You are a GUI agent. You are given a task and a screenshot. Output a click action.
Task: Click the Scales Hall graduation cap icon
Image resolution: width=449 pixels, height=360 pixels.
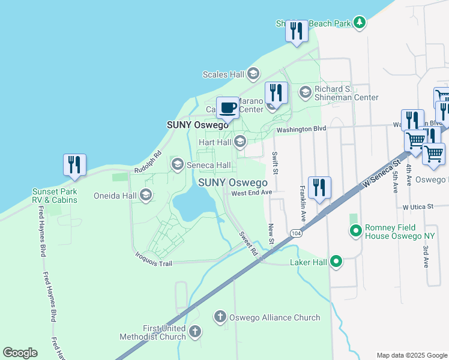coord(253,74)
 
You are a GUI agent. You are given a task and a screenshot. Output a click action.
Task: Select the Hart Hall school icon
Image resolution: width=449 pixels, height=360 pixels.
coord(240,142)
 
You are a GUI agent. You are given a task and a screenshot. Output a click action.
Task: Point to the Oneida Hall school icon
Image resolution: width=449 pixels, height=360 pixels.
coord(145,195)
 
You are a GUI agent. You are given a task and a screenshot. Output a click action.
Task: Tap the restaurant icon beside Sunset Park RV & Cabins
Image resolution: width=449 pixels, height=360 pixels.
coord(74,165)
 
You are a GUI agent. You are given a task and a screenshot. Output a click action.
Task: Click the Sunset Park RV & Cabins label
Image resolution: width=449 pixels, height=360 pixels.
coord(55,196)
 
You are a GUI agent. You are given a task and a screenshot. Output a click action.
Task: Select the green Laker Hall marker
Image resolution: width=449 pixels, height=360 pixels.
coord(336,262)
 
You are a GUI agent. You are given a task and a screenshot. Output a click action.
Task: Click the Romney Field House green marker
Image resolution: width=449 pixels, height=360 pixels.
coord(356,230)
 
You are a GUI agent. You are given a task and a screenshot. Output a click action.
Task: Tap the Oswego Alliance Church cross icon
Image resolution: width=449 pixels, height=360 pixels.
coord(220,317)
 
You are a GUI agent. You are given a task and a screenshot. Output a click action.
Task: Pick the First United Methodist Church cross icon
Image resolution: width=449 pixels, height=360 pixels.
coord(194,331)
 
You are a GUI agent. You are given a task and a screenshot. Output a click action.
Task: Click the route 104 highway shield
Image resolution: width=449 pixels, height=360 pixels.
coord(295,233)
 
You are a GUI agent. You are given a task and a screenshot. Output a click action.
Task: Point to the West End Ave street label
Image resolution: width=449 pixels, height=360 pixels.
coord(252,193)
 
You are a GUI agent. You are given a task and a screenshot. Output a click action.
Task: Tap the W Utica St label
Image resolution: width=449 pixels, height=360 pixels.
coord(418,206)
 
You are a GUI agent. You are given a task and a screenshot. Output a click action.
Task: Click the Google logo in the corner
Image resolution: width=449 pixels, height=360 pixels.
coord(20,353)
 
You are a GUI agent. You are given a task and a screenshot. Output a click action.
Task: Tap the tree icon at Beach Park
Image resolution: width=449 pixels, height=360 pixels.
coord(359,23)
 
